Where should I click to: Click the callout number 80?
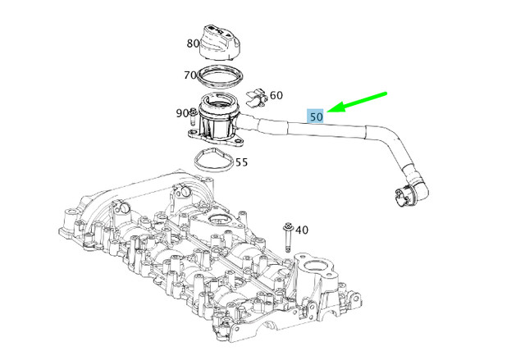194,43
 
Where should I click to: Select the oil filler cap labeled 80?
222,50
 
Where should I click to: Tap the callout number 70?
190,75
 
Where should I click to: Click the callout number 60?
276,96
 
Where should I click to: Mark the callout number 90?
181,112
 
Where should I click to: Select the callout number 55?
241,162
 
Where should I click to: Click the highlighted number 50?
317,116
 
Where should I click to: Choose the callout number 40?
302,230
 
